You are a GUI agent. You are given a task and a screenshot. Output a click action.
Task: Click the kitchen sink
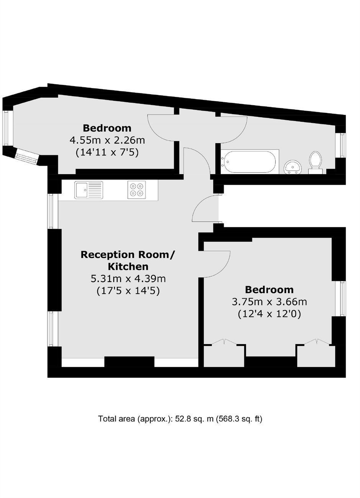coord(89,190)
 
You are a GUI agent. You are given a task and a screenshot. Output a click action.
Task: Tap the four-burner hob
coord(137,189)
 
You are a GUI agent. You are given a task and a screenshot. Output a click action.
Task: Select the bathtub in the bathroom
coord(250,162)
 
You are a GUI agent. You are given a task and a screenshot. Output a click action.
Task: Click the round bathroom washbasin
coord(293,167)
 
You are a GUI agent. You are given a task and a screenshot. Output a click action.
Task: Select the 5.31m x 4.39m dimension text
coord(128,279)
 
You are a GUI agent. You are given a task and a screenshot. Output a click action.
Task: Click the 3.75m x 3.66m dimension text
coord(270,302)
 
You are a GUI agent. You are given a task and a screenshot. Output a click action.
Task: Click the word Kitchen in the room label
coord(128,266)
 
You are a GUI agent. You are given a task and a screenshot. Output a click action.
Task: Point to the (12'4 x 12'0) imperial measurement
coord(270,314)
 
